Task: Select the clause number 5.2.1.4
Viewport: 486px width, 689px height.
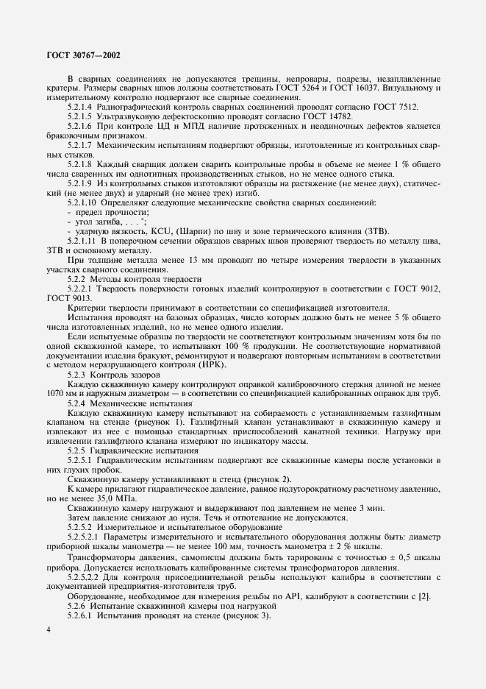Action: [x=82, y=107]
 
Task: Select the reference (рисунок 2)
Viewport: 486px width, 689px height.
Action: [x=237, y=479]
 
